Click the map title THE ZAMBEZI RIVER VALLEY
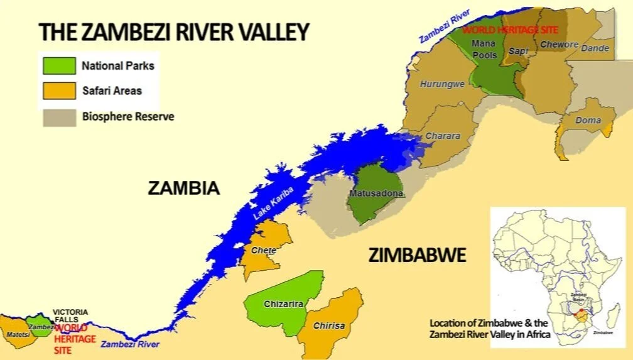point(174,31)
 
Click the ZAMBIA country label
point(183,188)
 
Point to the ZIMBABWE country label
point(417,255)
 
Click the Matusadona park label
point(376,194)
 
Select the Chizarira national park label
point(284,304)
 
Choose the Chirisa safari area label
point(329,326)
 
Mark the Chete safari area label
point(263,250)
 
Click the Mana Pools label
point(484,49)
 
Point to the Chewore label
point(558,45)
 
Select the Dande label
point(595,48)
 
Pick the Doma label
point(588,120)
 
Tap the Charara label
point(443,136)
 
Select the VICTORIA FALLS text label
point(70,316)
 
